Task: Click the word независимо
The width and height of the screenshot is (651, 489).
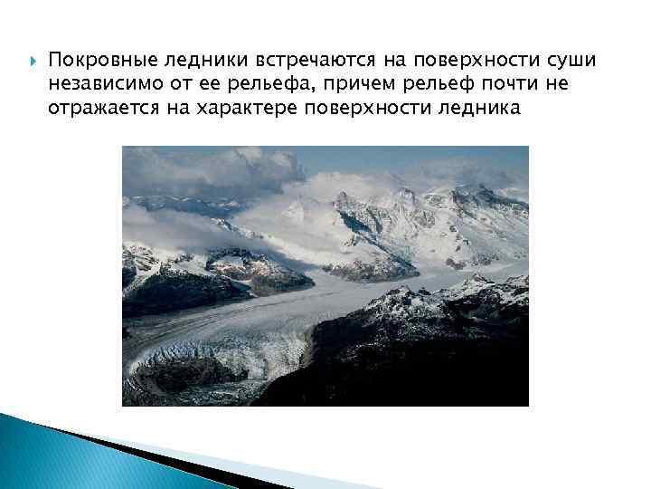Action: [101, 84]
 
